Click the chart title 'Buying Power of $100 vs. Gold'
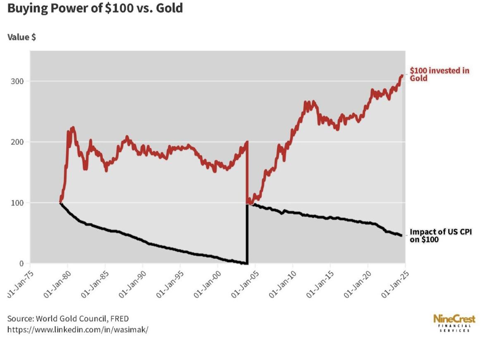pyautogui.click(x=95, y=8)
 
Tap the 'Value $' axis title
pyautogui.click(x=21, y=37)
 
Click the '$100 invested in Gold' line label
pyautogui.click(x=439, y=74)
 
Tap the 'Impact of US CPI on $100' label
pyautogui.click(x=440, y=235)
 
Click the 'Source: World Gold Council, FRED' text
pyautogui.click(x=68, y=319)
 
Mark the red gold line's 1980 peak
pyautogui.click(x=73, y=128)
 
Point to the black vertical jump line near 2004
pyautogui.click(x=247, y=234)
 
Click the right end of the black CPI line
pyautogui.click(x=401, y=235)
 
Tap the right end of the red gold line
pyautogui.click(x=402, y=75)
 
